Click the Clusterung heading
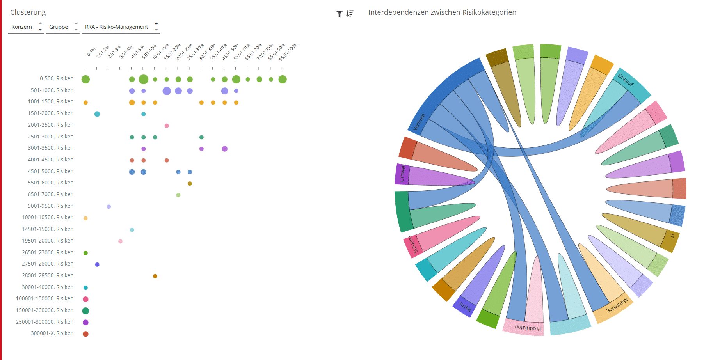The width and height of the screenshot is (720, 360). tap(28, 12)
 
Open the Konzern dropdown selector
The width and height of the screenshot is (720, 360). tap(26, 27)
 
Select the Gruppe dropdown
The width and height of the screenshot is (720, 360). tap(62, 27)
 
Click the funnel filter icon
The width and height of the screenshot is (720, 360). tap(340, 14)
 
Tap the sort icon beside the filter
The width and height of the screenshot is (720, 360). tap(350, 14)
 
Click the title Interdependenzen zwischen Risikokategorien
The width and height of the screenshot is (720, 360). tap(442, 12)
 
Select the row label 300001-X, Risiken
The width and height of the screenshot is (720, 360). tap(52, 333)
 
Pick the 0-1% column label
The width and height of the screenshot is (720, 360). tap(91, 52)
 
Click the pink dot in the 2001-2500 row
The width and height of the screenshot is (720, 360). tap(167, 126)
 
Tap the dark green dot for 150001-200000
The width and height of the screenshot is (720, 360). tap(85, 311)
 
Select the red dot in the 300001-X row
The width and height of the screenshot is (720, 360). tap(85, 334)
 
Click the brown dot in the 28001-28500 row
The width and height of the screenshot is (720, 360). tap(155, 276)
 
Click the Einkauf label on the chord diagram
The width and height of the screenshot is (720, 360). tap(626, 80)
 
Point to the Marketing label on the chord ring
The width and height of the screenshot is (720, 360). tap(617, 305)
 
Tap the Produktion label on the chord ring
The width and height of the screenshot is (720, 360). tap(528, 328)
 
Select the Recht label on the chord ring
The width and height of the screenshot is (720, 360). tap(466, 307)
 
